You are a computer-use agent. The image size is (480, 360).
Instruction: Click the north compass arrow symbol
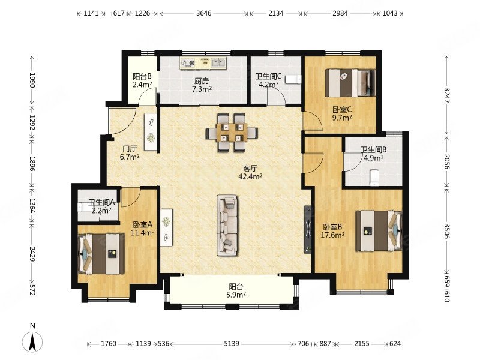pyautogui.click(x=32, y=341)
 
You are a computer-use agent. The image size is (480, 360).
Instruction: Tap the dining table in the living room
pyautogui.click(x=232, y=133)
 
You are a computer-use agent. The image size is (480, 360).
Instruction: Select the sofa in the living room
pyautogui.click(x=227, y=225)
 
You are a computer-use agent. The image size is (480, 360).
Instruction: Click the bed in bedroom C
pyautogui.click(x=350, y=82)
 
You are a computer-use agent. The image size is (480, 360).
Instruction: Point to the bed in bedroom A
pyautogui.click(x=101, y=254)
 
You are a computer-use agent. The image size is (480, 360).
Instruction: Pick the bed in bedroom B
pyautogui.click(x=379, y=230)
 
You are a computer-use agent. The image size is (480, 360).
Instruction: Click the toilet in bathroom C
pyautogui.click(x=293, y=79)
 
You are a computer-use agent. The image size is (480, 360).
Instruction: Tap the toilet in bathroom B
pyautogui.click(x=374, y=178)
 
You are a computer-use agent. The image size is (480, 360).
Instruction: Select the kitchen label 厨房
pyautogui.click(x=202, y=81)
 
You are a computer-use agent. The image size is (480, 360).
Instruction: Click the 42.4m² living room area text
pyautogui.click(x=250, y=176)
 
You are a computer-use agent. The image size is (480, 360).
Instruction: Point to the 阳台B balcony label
pyautogui.click(x=142, y=76)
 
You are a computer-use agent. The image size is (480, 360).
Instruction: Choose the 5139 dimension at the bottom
pyautogui.click(x=232, y=343)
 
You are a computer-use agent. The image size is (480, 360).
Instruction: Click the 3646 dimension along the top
pyautogui.click(x=204, y=13)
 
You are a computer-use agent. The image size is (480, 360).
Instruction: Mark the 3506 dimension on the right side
pyautogui.click(x=447, y=231)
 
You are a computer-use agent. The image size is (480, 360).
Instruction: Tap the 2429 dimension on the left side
pyautogui.click(x=32, y=254)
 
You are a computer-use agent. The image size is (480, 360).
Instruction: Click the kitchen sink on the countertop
pyautogui.click(x=218, y=62)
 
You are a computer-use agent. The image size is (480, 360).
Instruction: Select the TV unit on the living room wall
pyautogui.click(x=308, y=229)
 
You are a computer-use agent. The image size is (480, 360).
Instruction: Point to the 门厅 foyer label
pyautogui.click(x=130, y=149)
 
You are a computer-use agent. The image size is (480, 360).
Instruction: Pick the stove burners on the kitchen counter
pyautogui.click(x=188, y=63)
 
